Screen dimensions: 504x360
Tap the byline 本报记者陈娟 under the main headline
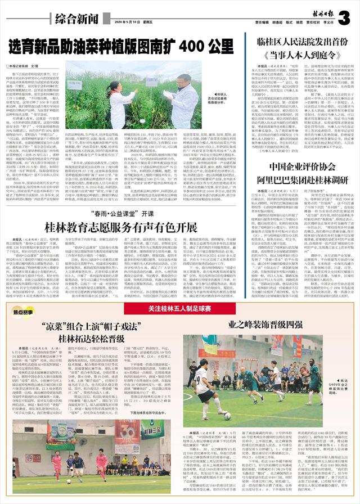[21, 66]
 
